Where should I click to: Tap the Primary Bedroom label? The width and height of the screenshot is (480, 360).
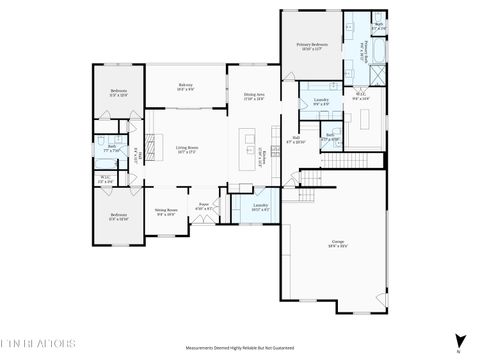point(312,47)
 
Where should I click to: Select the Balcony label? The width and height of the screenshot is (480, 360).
point(185,87)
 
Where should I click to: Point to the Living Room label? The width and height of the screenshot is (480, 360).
point(186,150)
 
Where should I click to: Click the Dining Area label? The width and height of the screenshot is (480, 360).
point(254,97)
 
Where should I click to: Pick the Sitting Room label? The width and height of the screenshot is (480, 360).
point(165,212)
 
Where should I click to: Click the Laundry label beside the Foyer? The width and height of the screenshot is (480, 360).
point(260,206)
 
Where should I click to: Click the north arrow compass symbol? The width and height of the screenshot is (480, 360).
point(459,339)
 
